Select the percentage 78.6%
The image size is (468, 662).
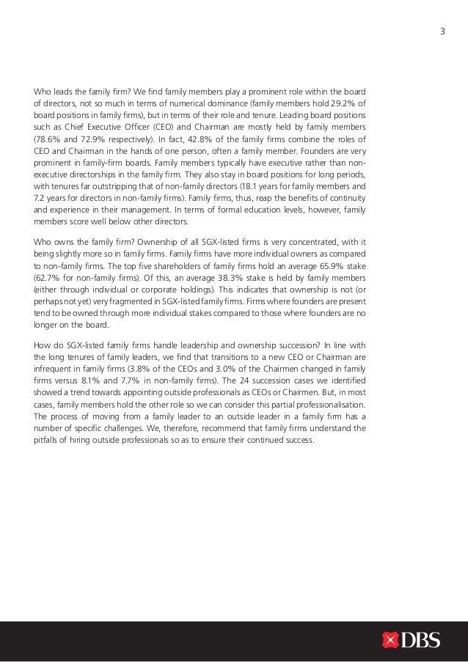48,136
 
